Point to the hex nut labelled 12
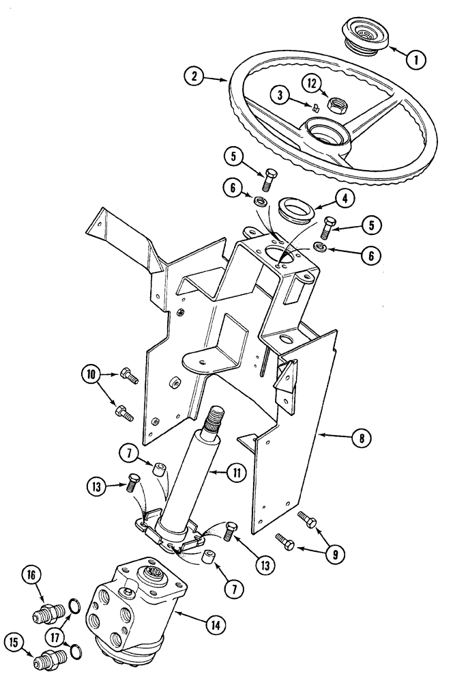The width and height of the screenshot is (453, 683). tap(335, 105)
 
